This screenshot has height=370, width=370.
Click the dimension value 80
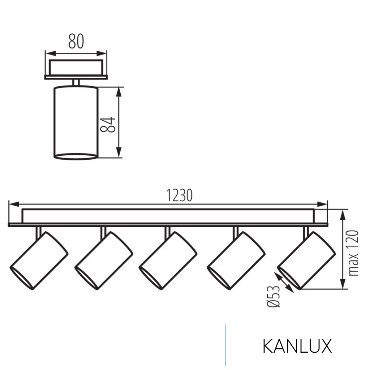[76, 42]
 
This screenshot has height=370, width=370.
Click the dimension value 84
[108, 125]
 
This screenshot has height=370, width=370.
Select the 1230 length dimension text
[179, 195]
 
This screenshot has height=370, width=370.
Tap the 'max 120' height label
[354, 253]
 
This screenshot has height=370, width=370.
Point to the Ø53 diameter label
[274, 296]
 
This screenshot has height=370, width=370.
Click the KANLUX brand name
[297, 347]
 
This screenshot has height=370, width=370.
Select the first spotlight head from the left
[39, 261]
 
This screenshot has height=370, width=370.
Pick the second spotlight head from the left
[104, 261]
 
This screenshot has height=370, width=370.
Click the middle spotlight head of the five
[168, 261]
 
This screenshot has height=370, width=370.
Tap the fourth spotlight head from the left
[236, 261]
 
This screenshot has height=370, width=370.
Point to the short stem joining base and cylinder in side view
[76, 82]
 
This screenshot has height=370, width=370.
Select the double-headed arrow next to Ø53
[284, 282]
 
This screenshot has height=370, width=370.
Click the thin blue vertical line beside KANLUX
[226, 345]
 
